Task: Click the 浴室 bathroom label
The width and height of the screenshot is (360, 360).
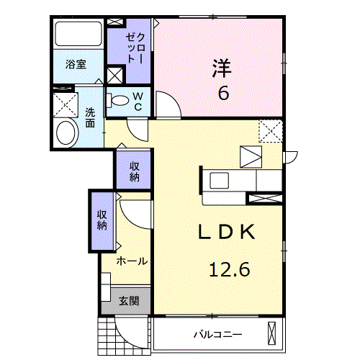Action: click(76, 64)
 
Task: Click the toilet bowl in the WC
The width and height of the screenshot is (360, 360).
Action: click(119, 100)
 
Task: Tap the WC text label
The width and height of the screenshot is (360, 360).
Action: click(138, 101)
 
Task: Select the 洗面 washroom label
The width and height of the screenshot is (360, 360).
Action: click(89, 117)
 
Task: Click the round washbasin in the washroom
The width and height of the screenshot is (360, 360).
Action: click(67, 133)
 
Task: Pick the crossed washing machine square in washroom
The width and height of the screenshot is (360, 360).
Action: click(65, 104)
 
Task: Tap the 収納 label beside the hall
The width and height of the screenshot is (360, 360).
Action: click(102, 219)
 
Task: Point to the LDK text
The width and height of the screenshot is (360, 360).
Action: click(228, 233)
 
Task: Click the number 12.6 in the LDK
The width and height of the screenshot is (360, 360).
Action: click(230, 270)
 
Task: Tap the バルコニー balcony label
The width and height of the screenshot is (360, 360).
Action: click(217, 334)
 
